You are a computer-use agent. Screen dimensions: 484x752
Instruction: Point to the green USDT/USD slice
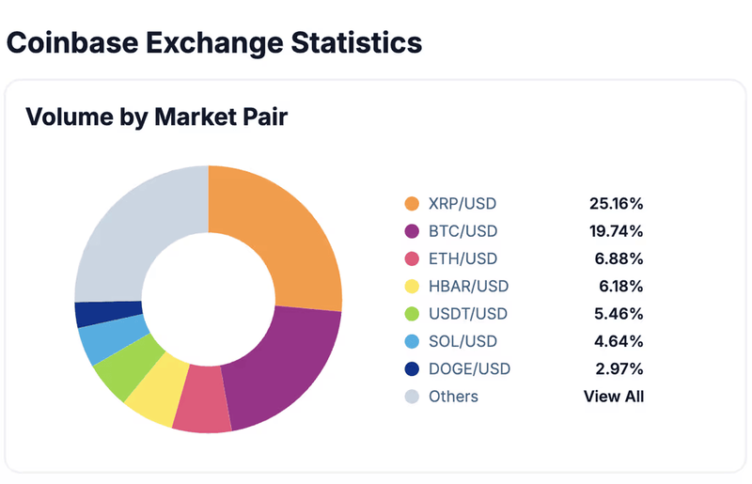tap(122, 362)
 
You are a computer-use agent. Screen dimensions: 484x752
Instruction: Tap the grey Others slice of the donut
tap(141, 226)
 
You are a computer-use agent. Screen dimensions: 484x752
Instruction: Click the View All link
tap(613, 397)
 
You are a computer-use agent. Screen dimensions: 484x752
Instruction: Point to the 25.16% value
tap(616, 203)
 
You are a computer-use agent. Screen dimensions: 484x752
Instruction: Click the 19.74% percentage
tap(616, 231)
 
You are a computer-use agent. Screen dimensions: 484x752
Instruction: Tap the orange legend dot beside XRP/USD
tap(412, 204)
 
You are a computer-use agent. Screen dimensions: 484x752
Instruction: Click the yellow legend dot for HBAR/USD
tap(412, 287)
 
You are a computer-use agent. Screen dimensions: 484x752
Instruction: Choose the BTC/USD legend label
tap(463, 231)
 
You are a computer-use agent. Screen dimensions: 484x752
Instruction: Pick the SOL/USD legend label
tap(463, 341)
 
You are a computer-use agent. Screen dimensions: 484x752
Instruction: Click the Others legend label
tap(454, 397)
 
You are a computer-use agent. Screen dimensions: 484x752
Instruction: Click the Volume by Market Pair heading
tap(156, 117)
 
